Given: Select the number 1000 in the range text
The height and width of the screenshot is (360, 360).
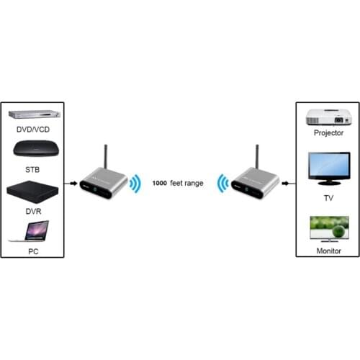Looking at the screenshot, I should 159,184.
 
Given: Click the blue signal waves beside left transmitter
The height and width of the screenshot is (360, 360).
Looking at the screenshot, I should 134,184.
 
